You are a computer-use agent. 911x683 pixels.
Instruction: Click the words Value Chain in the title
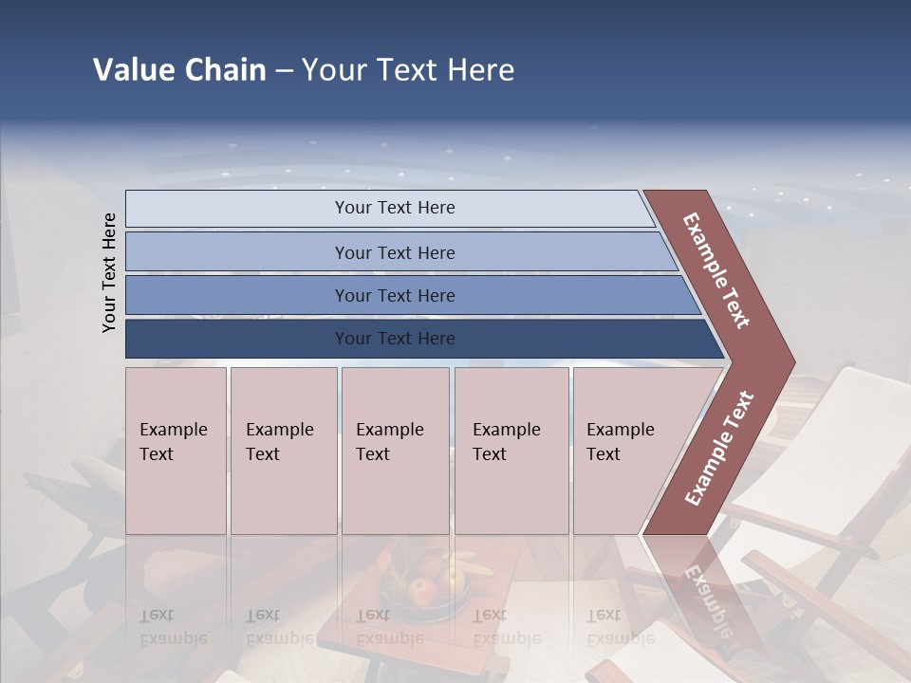tap(179, 70)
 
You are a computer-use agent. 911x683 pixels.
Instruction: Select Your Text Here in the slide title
tap(408, 70)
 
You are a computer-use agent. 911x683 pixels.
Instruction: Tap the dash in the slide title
tap(284, 71)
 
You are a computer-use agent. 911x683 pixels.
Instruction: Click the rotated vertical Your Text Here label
tap(109, 272)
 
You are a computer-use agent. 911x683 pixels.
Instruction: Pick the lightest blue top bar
tap(394, 208)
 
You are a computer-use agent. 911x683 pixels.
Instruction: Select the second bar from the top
tap(394, 252)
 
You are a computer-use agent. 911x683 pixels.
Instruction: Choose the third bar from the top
tap(394, 295)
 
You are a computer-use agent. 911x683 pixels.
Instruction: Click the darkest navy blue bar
tap(394, 339)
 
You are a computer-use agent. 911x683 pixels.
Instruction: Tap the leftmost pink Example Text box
tap(176, 451)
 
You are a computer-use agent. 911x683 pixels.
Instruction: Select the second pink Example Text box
tap(283, 451)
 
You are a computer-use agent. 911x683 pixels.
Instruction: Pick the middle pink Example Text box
tap(395, 451)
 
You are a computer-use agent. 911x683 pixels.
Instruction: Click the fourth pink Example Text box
tap(511, 451)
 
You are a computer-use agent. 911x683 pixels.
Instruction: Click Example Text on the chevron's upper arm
tap(717, 270)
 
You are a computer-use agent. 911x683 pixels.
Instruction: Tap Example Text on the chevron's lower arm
tap(718, 448)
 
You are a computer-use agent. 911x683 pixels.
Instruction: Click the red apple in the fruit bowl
tap(423, 592)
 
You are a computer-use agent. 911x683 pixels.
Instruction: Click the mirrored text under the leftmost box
tap(173, 627)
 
